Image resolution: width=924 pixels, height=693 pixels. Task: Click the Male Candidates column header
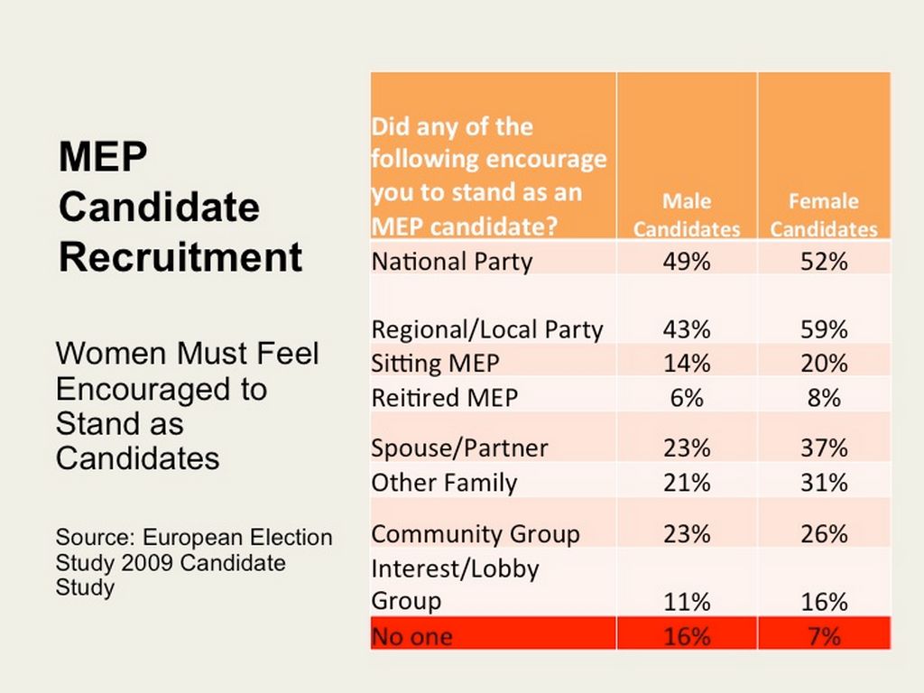687,215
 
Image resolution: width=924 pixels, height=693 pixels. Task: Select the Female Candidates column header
823,215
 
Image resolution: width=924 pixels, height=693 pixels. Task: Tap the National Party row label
452,262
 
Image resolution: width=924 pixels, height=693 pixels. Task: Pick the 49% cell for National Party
687,262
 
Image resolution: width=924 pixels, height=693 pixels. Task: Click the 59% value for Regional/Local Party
823,329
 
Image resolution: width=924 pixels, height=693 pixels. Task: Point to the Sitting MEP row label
435,364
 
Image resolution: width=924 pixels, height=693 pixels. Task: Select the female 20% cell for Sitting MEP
823,364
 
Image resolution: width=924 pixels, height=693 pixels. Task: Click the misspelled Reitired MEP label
445,397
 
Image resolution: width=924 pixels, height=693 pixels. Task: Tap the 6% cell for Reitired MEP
687,397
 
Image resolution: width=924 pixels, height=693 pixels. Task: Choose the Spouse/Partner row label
459,448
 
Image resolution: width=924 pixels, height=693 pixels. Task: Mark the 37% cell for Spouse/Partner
823,448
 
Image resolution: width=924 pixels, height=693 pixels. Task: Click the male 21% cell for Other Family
687,483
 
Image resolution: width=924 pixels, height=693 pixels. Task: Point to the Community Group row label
476,533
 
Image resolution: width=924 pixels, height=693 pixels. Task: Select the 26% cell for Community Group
823,533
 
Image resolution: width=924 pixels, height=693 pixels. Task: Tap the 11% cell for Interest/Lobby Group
687,602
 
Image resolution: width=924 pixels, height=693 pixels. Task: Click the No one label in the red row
412,636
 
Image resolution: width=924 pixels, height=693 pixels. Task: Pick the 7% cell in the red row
823,636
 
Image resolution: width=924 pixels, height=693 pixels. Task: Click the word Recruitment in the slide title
180,257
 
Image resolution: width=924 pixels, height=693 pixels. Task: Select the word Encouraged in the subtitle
162,389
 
